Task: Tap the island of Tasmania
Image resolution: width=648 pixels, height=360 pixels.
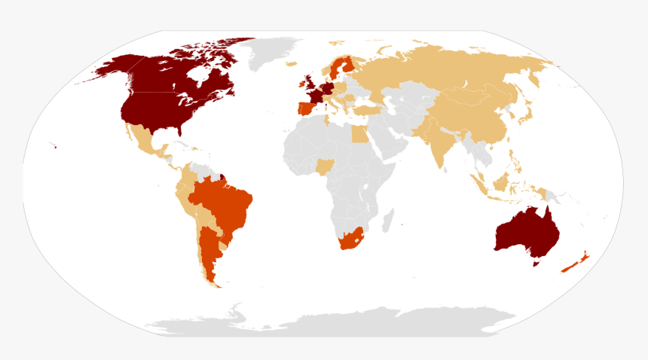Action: [536, 264]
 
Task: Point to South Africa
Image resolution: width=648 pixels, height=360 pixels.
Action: [351, 239]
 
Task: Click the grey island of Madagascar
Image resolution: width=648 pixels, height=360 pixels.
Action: [388, 221]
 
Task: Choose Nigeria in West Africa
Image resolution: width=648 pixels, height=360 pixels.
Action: [326, 166]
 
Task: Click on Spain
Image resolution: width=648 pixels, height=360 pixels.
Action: [307, 107]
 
